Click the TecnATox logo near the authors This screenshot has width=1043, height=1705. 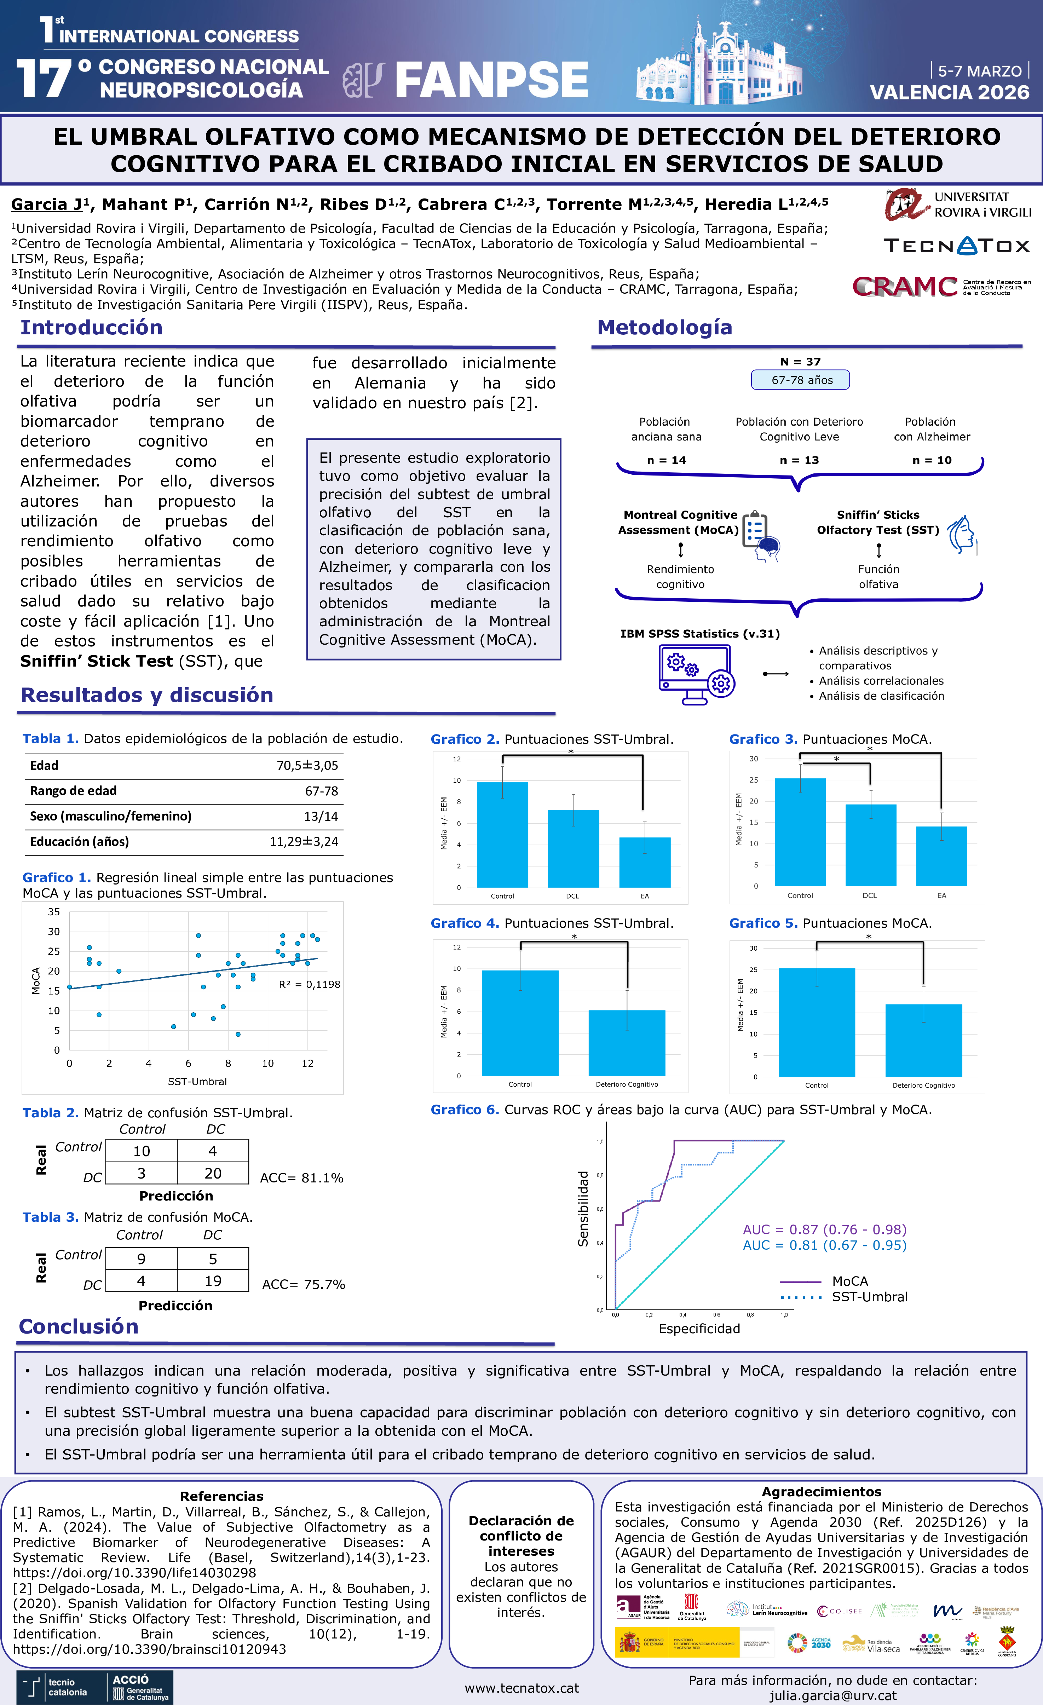(956, 246)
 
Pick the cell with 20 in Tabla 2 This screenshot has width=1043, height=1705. (213, 1173)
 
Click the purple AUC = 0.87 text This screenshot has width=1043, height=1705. (824, 1229)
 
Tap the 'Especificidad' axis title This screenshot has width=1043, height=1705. (699, 1329)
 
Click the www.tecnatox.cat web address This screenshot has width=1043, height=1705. (522, 1688)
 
